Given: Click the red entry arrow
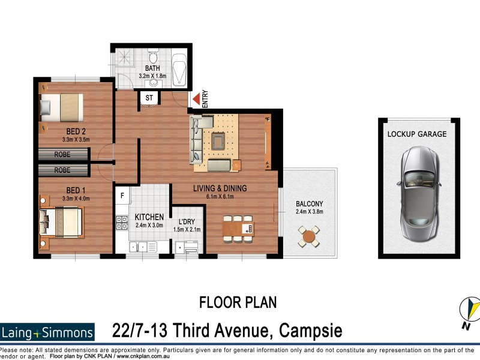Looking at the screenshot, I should click(x=195, y=99).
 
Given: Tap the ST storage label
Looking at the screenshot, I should click(x=149, y=97).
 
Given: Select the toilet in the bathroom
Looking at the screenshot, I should click(x=152, y=58).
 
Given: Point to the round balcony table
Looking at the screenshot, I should click(x=309, y=236).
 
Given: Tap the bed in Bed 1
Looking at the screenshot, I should click(x=60, y=221).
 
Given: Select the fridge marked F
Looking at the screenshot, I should click(x=122, y=195).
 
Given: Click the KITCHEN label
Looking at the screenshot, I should click(x=149, y=216).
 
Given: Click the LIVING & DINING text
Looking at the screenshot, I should click(x=220, y=188).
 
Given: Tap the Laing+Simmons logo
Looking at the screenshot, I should click(x=47, y=332).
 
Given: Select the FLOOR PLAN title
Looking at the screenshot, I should click(x=238, y=302).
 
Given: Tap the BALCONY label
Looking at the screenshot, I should click(x=309, y=203).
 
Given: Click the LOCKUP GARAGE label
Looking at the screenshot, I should click(x=416, y=134).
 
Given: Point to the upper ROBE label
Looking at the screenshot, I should click(x=62, y=154).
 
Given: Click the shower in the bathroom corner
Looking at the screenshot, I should click(x=127, y=58).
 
